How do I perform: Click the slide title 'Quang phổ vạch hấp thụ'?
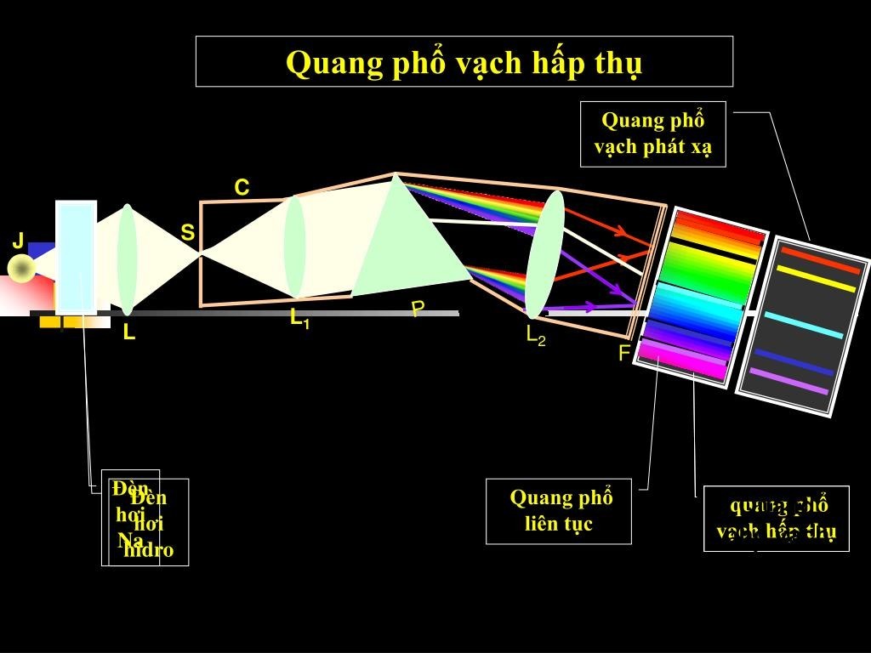pos(464,62)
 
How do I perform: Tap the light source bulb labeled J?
pos(20,269)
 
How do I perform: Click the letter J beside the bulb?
pos(18,241)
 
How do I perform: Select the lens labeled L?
pos(127,259)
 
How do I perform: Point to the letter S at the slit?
pos(187,232)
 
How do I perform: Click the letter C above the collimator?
pos(242,188)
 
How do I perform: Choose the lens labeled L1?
pos(294,247)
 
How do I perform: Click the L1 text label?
pos(299,319)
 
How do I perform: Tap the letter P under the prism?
pos(418,309)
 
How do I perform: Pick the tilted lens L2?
pos(544,253)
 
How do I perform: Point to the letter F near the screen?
pos(623,354)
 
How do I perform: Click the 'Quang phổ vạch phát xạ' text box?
pos(652,133)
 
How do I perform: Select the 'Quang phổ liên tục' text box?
pos(559,510)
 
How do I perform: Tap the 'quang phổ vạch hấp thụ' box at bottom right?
pos(776,519)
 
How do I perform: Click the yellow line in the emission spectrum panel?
pos(816,279)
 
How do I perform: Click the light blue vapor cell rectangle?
pos(76,257)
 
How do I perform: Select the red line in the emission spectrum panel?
pos(821,259)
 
